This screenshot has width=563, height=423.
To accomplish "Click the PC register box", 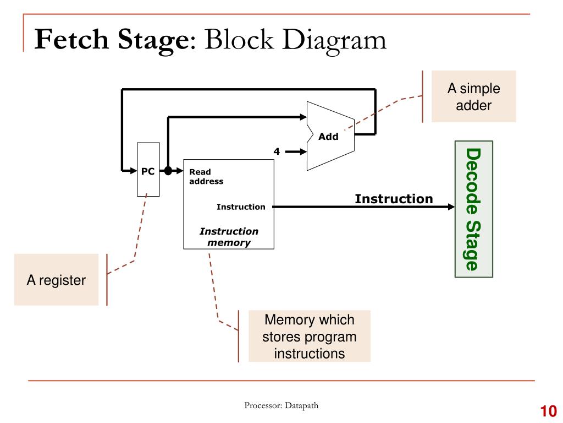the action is (148, 170).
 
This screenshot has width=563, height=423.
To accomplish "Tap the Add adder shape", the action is (330, 136).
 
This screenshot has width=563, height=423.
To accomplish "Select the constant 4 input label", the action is (277, 151).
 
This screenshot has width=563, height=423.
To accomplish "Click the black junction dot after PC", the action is (168, 171).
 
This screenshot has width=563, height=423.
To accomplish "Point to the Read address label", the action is (206, 177).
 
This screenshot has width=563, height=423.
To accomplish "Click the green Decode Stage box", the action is (473, 209).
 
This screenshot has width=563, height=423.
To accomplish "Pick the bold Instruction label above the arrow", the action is (394, 199).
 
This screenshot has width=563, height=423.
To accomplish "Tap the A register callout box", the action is (57, 279).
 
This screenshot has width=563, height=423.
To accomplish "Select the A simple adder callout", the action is (473, 96).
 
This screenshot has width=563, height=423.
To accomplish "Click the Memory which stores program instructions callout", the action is (309, 337).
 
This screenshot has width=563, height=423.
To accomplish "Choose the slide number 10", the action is (548, 411).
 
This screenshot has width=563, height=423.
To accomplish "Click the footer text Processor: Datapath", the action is (281, 405).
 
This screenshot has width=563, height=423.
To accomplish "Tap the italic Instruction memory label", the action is (229, 237).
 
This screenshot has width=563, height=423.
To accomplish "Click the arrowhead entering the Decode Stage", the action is (451, 207).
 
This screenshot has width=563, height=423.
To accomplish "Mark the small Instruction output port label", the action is (241, 207).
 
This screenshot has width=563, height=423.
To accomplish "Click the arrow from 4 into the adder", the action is (296, 152).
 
